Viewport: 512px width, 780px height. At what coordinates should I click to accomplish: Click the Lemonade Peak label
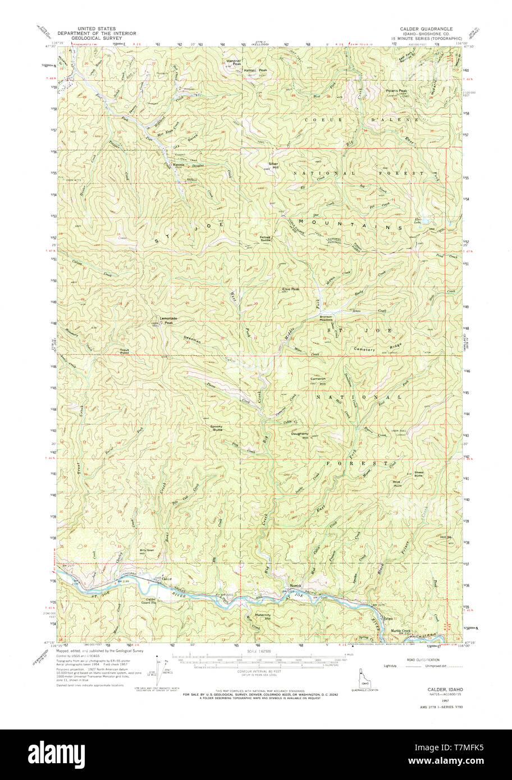[x=169, y=319]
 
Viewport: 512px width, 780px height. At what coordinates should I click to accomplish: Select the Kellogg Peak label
[x=256, y=70]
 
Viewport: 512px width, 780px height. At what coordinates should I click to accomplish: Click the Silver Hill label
[x=273, y=166]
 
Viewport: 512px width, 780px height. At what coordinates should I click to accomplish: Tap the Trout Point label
[x=125, y=352]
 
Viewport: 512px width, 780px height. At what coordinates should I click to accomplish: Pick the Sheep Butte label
[x=419, y=474]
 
